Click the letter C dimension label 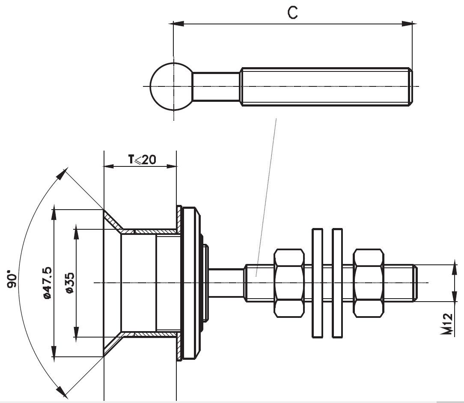pos(292,12)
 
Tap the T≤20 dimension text pos(142,160)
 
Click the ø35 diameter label pos(70,283)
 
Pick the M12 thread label pos(447,324)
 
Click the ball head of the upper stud pos(171,86)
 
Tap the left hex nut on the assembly pos(289,283)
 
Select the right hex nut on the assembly pos(369,283)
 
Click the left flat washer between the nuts pos(318,283)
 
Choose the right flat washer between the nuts pos(337,283)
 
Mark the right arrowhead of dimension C pos(407,24)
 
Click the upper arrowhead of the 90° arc pos(62,174)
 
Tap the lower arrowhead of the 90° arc pos(62,391)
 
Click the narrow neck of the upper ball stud pos(216,86)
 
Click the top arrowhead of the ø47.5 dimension pos(54,214)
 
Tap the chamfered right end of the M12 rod pos(415,283)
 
